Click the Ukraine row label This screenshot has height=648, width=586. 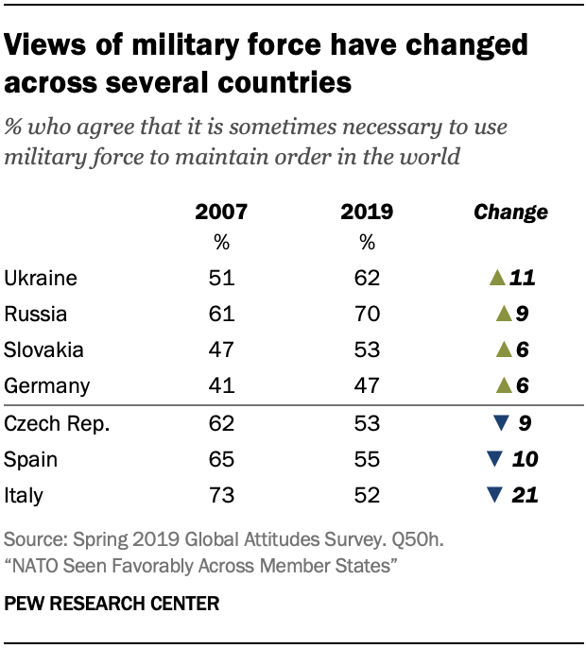pyautogui.click(x=40, y=278)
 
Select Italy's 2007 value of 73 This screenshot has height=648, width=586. pyautogui.click(x=221, y=494)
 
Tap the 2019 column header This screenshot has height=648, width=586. pyautogui.click(x=367, y=212)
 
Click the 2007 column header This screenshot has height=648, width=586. pyautogui.click(x=221, y=212)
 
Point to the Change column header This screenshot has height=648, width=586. pyautogui.click(x=510, y=212)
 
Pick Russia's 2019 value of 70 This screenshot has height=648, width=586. pyautogui.click(x=367, y=314)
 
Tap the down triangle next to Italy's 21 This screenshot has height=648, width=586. pyautogui.click(x=492, y=494)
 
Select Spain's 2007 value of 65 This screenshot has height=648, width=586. pyautogui.click(x=221, y=458)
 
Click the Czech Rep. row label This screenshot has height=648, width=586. pyautogui.click(x=57, y=422)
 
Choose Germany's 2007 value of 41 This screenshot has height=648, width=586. pyautogui.click(x=221, y=385)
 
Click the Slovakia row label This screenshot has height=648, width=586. pyautogui.click(x=43, y=350)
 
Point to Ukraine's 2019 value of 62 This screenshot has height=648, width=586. pyautogui.click(x=367, y=278)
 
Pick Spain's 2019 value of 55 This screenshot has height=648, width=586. pyautogui.click(x=367, y=458)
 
